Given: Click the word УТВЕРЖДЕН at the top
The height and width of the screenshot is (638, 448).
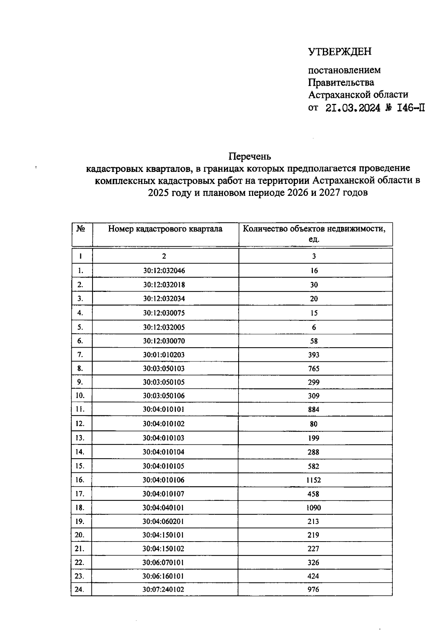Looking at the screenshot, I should [x=340, y=52].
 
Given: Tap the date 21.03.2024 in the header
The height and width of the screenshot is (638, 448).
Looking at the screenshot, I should [x=353, y=108].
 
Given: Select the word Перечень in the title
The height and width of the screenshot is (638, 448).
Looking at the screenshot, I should [x=250, y=156].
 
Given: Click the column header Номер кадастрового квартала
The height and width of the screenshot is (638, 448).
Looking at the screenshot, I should [x=165, y=229].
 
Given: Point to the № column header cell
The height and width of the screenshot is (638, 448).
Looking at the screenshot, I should [x=81, y=229].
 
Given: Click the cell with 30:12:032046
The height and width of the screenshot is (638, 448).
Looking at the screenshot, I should [x=164, y=271].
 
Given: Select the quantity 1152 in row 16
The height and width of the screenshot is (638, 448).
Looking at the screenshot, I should [x=314, y=480].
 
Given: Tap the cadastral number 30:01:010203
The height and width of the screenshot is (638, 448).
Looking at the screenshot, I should [x=164, y=355].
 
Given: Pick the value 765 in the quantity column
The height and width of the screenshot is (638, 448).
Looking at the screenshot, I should [x=314, y=369].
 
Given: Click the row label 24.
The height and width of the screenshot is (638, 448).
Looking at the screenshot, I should [x=80, y=589].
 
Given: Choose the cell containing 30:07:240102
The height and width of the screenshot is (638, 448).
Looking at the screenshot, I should [x=163, y=589].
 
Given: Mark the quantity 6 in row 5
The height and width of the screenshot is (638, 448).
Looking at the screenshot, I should [x=314, y=327].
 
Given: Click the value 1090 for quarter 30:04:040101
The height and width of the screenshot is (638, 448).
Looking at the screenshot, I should [x=314, y=508].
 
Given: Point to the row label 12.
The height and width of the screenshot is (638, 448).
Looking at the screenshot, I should [x=80, y=424].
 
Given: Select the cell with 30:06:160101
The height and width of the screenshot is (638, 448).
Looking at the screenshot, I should [x=163, y=576].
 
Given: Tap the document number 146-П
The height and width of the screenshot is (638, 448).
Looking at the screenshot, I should [x=411, y=108].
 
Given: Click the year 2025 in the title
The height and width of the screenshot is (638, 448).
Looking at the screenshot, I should [x=159, y=193].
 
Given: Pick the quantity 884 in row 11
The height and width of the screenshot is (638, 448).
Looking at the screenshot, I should [x=314, y=410].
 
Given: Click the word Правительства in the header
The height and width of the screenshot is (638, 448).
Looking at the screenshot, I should [x=341, y=82].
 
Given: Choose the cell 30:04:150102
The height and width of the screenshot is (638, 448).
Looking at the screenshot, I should [x=163, y=549].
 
